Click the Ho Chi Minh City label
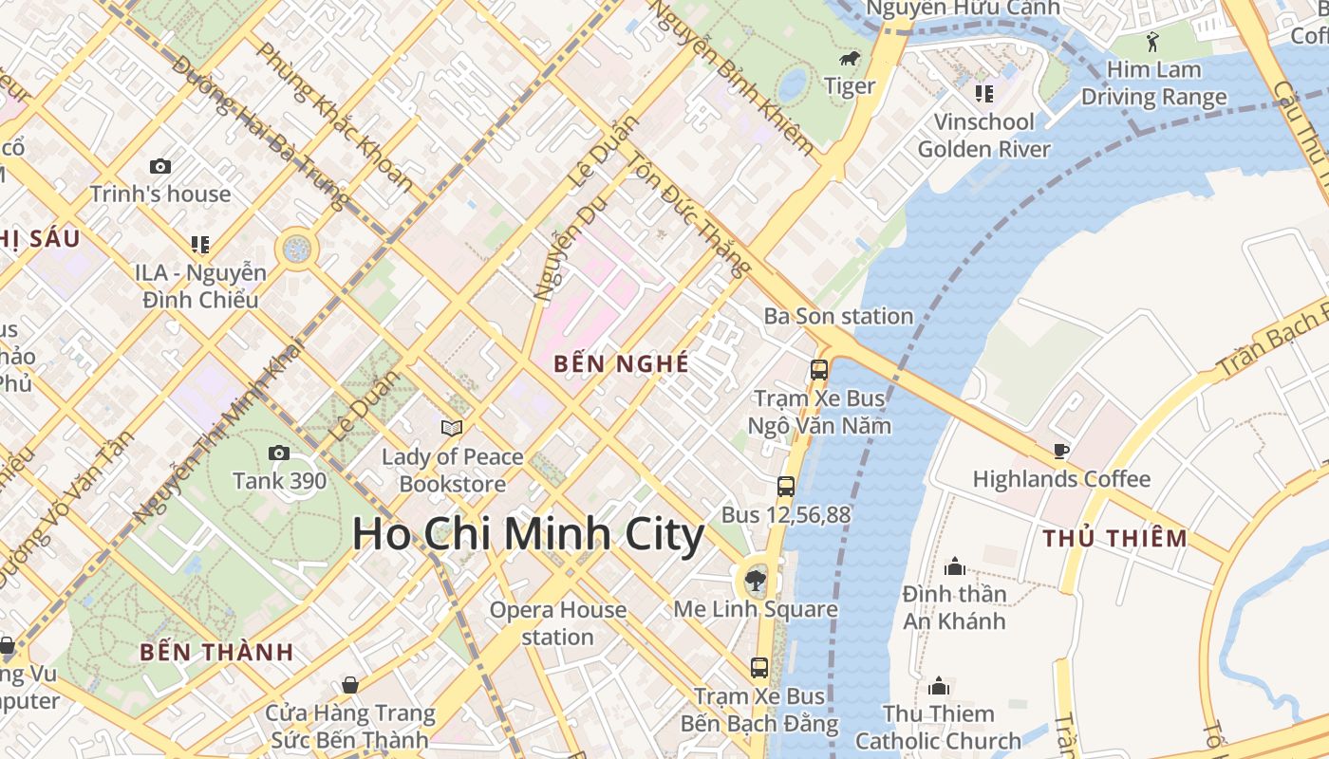pyautogui.click(x=528, y=534)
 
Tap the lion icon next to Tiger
pyautogui.click(x=849, y=60)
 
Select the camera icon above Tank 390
pyautogui.click(x=279, y=453)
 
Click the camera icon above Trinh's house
pyautogui.click(x=160, y=166)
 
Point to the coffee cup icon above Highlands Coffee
pyautogui.click(x=1060, y=451)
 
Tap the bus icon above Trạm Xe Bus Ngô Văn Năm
pyautogui.click(x=818, y=370)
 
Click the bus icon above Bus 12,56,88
pyautogui.click(x=785, y=487)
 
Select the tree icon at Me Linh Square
pyautogui.click(x=756, y=579)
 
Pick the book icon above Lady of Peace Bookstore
pyautogui.click(x=452, y=429)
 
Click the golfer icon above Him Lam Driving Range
pyautogui.click(x=1153, y=42)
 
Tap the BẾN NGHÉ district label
pyautogui.click(x=621, y=362)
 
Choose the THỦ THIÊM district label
pyautogui.click(x=1114, y=539)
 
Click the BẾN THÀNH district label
pyautogui.click(x=216, y=652)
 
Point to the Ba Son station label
pyautogui.click(x=838, y=316)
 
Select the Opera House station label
pyautogui.click(x=558, y=622)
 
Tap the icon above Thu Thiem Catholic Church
pyautogui.click(x=939, y=685)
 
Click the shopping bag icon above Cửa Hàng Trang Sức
pyautogui.click(x=349, y=685)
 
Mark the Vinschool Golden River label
pyautogui.click(x=983, y=135)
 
